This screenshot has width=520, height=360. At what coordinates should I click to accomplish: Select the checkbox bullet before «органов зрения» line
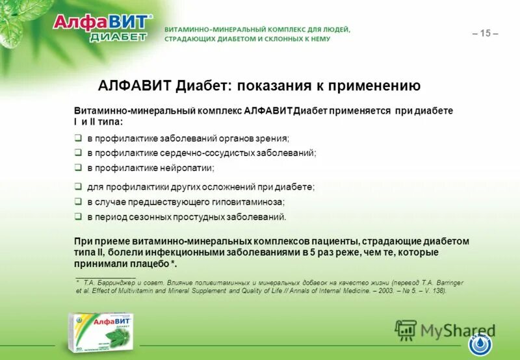coord(77,138)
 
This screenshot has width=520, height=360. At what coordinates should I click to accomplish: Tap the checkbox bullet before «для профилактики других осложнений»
coord(77,186)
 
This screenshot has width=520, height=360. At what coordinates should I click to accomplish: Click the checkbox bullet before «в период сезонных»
coord(77,217)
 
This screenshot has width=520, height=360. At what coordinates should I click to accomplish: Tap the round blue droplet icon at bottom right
coord(480,343)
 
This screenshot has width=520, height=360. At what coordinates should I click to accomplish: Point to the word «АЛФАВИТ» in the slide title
coord(129,86)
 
